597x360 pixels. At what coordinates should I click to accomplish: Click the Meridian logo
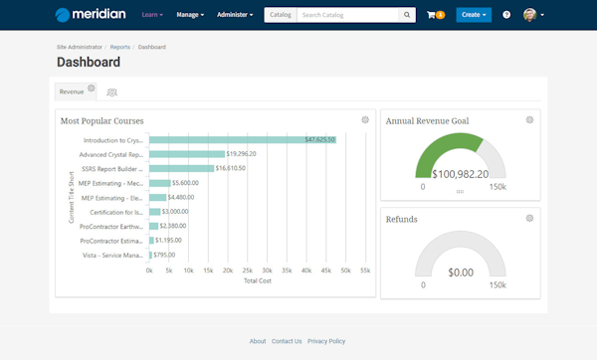click(91, 15)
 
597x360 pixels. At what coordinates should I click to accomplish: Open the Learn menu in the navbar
click(152, 15)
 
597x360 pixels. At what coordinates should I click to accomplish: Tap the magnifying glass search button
click(407, 15)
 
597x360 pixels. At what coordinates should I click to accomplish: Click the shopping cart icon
click(431, 15)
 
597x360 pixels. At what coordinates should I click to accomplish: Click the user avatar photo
click(529, 15)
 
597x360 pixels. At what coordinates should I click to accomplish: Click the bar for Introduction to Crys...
click(242, 140)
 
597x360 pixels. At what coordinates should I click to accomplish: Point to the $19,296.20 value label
click(242, 154)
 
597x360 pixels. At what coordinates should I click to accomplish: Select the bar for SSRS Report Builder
click(181, 169)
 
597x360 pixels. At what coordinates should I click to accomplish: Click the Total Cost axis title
click(258, 281)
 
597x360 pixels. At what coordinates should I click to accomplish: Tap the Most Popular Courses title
click(101, 121)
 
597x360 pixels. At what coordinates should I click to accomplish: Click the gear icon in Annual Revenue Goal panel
click(529, 120)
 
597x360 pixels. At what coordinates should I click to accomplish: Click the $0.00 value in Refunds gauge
click(460, 271)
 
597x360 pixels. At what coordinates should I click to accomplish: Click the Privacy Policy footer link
click(326, 341)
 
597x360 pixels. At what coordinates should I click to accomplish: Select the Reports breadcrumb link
click(120, 47)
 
